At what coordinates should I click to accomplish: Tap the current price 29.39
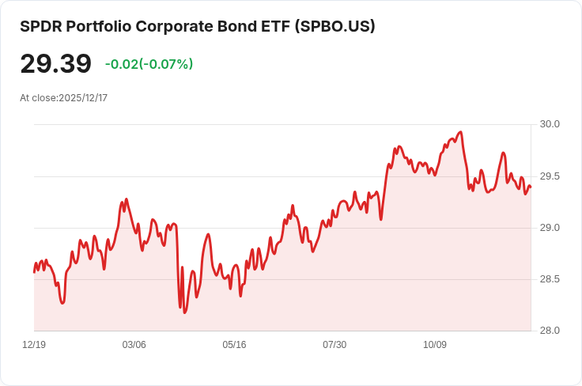coord(55,64)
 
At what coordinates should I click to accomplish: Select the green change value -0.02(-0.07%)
coord(149,64)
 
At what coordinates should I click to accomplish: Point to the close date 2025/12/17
coord(83,98)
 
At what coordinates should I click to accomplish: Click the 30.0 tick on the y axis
coord(550,124)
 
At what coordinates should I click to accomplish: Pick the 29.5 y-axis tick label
coord(550,176)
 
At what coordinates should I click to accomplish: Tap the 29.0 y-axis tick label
coord(550,228)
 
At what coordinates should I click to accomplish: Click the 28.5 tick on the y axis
coord(550,279)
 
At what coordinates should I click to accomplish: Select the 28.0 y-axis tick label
coord(550,331)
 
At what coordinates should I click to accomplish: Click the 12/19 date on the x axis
coord(34,345)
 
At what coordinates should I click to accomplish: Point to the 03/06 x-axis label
coord(134,345)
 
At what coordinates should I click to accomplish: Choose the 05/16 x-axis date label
coord(234,345)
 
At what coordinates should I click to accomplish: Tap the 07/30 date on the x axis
coord(334,345)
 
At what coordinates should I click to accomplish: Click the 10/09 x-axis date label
coord(435,345)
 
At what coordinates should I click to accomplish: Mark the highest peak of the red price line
coord(460,132)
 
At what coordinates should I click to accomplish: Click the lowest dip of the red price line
coord(185,312)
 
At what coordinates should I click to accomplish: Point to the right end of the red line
coord(530,187)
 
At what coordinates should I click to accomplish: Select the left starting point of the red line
coord(34,272)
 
